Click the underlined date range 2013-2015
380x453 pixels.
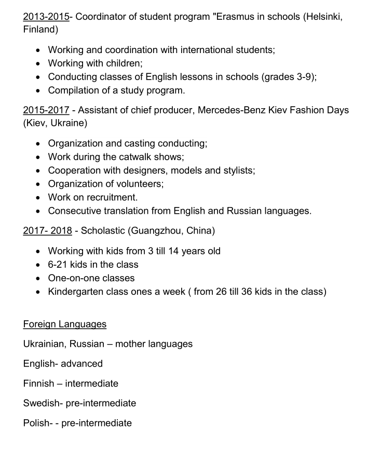click(x=46, y=16)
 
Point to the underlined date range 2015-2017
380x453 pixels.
click(x=46, y=110)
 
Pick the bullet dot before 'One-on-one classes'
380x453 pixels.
click(x=38, y=278)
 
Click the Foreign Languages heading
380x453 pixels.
click(x=65, y=324)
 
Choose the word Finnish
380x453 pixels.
click(x=38, y=383)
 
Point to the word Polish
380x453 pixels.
click(x=36, y=423)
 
